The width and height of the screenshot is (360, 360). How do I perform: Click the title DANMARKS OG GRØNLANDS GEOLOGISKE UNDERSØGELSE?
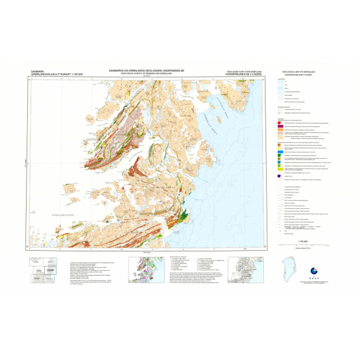(147, 69)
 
